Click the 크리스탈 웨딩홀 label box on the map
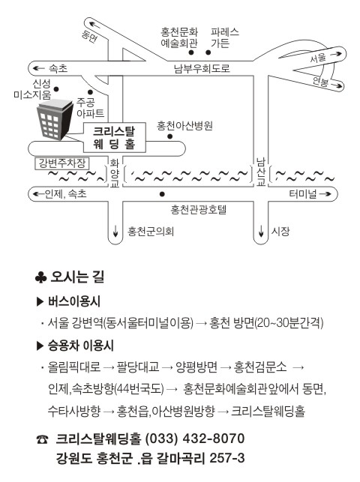115,137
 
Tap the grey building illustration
55,120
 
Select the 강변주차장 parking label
61,163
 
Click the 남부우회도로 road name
202,68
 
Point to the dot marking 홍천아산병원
170,136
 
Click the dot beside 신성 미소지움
56,89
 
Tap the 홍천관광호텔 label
199,209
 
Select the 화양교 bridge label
115,173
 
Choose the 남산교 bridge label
261,172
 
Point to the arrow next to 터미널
325,194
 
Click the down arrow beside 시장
261,231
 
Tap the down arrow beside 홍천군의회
115,231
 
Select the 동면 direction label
89,37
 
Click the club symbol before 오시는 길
41,277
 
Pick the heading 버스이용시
74,301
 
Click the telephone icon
42,440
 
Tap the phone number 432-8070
213,439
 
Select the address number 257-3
227,458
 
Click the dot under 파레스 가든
208,52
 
